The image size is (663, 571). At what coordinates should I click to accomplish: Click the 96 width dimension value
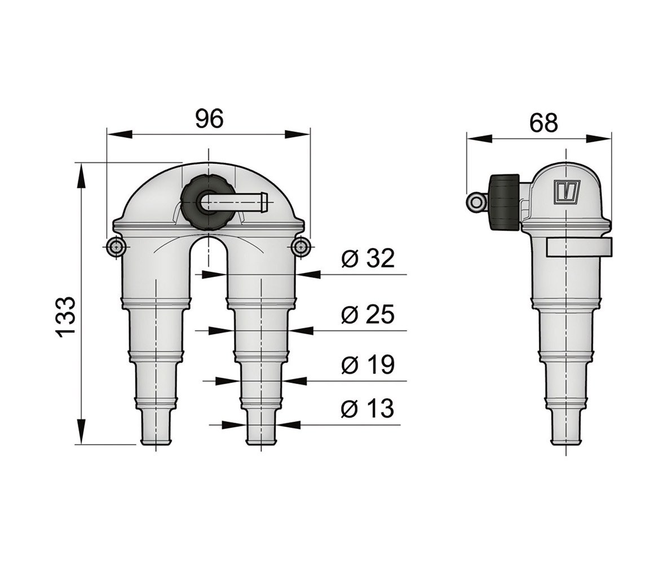pyautogui.click(x=209, y=119)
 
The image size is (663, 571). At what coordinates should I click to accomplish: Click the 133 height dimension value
pyautogui.click(x=66, y=316)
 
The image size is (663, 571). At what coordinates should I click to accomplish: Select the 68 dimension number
pyautogui.click(x=543, y=123)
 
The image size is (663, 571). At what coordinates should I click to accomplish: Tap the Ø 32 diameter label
pyautogui.click(x=368, y=258)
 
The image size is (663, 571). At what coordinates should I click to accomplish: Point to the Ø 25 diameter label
pyautogui.click(x=368, y=314)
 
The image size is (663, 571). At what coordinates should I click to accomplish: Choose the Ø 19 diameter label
pyautogui.click(x=368, y=364)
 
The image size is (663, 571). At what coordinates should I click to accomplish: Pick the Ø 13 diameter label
pyautogui.click(x=368, y=408)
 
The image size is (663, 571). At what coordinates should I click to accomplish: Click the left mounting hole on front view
pyautogui.click(x=115, y=246)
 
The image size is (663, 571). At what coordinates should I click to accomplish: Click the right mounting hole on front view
pyautogui.click(x=300, y=246)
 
